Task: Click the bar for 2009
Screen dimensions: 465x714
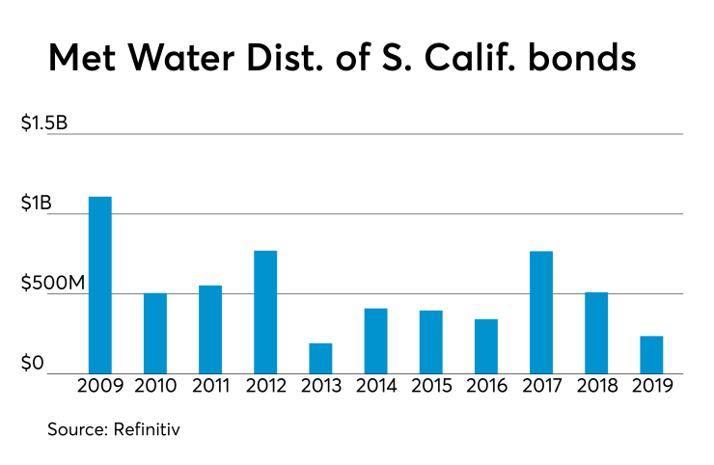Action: pos(100,285)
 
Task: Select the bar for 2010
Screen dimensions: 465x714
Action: pos(155,333)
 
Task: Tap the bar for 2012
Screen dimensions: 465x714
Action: pos(265,312)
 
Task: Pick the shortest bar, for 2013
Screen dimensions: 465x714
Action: pos(320,358)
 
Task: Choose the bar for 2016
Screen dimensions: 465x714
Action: pos(486,346)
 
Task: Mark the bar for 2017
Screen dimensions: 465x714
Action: pos(541,312)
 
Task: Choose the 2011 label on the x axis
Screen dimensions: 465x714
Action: pos(210,388)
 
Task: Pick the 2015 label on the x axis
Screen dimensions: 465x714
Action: pos(431,388)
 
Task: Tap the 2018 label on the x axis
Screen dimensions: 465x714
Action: pos(596,388)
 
